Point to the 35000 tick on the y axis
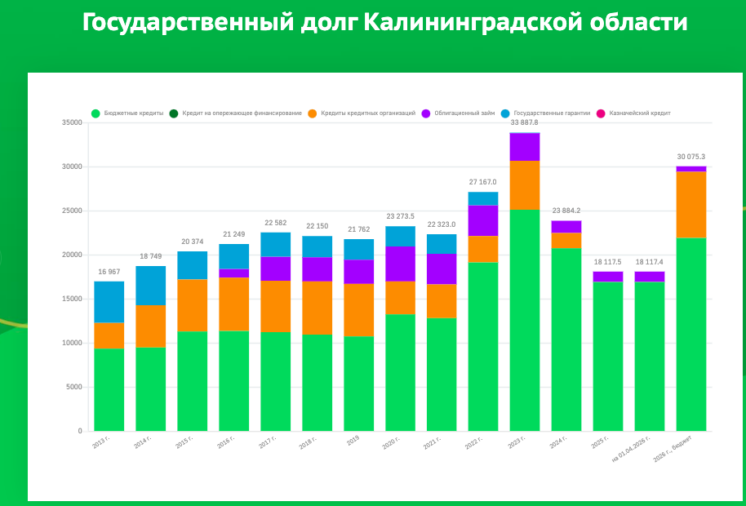(72, 122)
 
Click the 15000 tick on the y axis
(72, 299)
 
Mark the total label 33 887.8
(524, 122)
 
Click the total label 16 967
(109, 272)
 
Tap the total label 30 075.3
(690, 157)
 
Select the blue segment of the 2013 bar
(109, 302)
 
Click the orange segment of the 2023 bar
(525, 185)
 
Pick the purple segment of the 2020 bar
(400, 264)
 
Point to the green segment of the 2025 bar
(607, 356)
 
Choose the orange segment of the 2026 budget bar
(691, 205)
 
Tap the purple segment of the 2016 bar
(233, 273)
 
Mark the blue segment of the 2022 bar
(483, 198)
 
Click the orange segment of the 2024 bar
(566, 240)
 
